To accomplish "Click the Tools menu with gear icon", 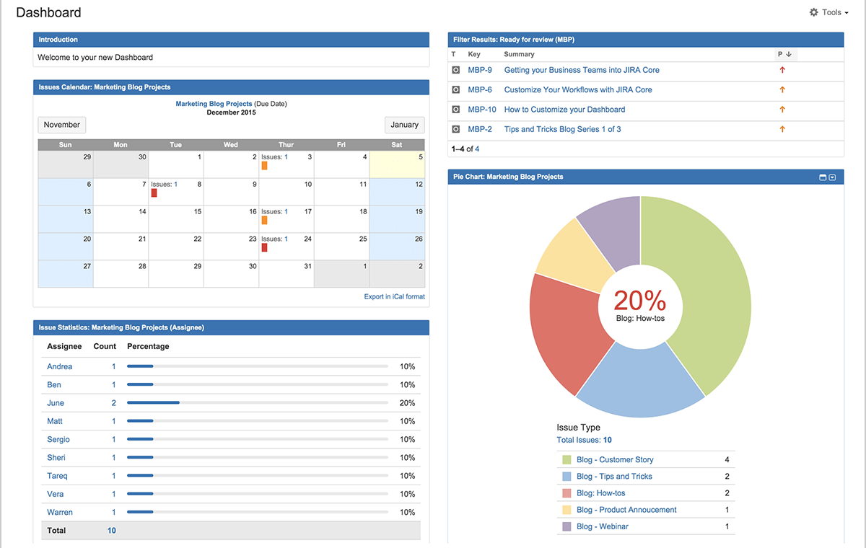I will (828, 12).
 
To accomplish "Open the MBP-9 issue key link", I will (480, 70).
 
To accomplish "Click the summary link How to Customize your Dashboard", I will (564, 110).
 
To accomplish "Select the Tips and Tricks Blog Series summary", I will (562, 129).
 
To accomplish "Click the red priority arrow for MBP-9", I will (782, 70).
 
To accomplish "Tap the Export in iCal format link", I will (394, 296).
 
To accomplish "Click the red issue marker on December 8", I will (154, 193).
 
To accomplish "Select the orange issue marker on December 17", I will (264, 221).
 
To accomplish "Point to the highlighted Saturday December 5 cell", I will (396, 165).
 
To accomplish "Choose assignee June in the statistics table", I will (56, 403).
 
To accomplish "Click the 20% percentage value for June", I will (407, 403).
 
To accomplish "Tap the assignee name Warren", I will (60, 512).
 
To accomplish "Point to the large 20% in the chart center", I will (640, 300).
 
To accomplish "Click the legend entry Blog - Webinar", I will (602, 526).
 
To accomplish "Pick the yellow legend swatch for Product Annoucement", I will (566, 510).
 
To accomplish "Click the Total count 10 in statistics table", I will (112, 531).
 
